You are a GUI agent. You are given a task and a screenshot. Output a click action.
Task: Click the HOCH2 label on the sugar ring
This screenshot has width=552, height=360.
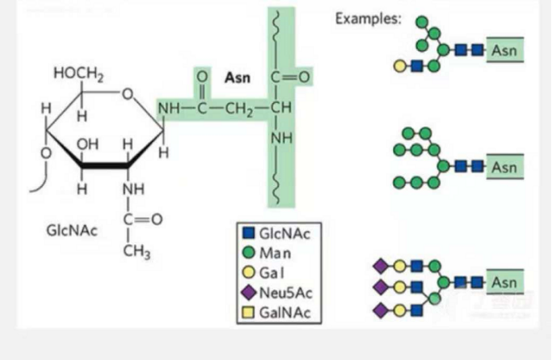point(78,76)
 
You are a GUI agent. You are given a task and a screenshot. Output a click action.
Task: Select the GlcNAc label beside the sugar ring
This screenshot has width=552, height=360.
point(72,231)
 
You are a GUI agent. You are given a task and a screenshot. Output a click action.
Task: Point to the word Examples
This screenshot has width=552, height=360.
point(369,18)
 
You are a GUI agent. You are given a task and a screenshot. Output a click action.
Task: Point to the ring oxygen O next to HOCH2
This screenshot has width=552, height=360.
point(128,94)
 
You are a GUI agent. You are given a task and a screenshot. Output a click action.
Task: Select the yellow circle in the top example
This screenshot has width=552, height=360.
point(400,65)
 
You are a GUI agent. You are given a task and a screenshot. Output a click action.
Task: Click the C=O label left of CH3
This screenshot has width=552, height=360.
point(142,218)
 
